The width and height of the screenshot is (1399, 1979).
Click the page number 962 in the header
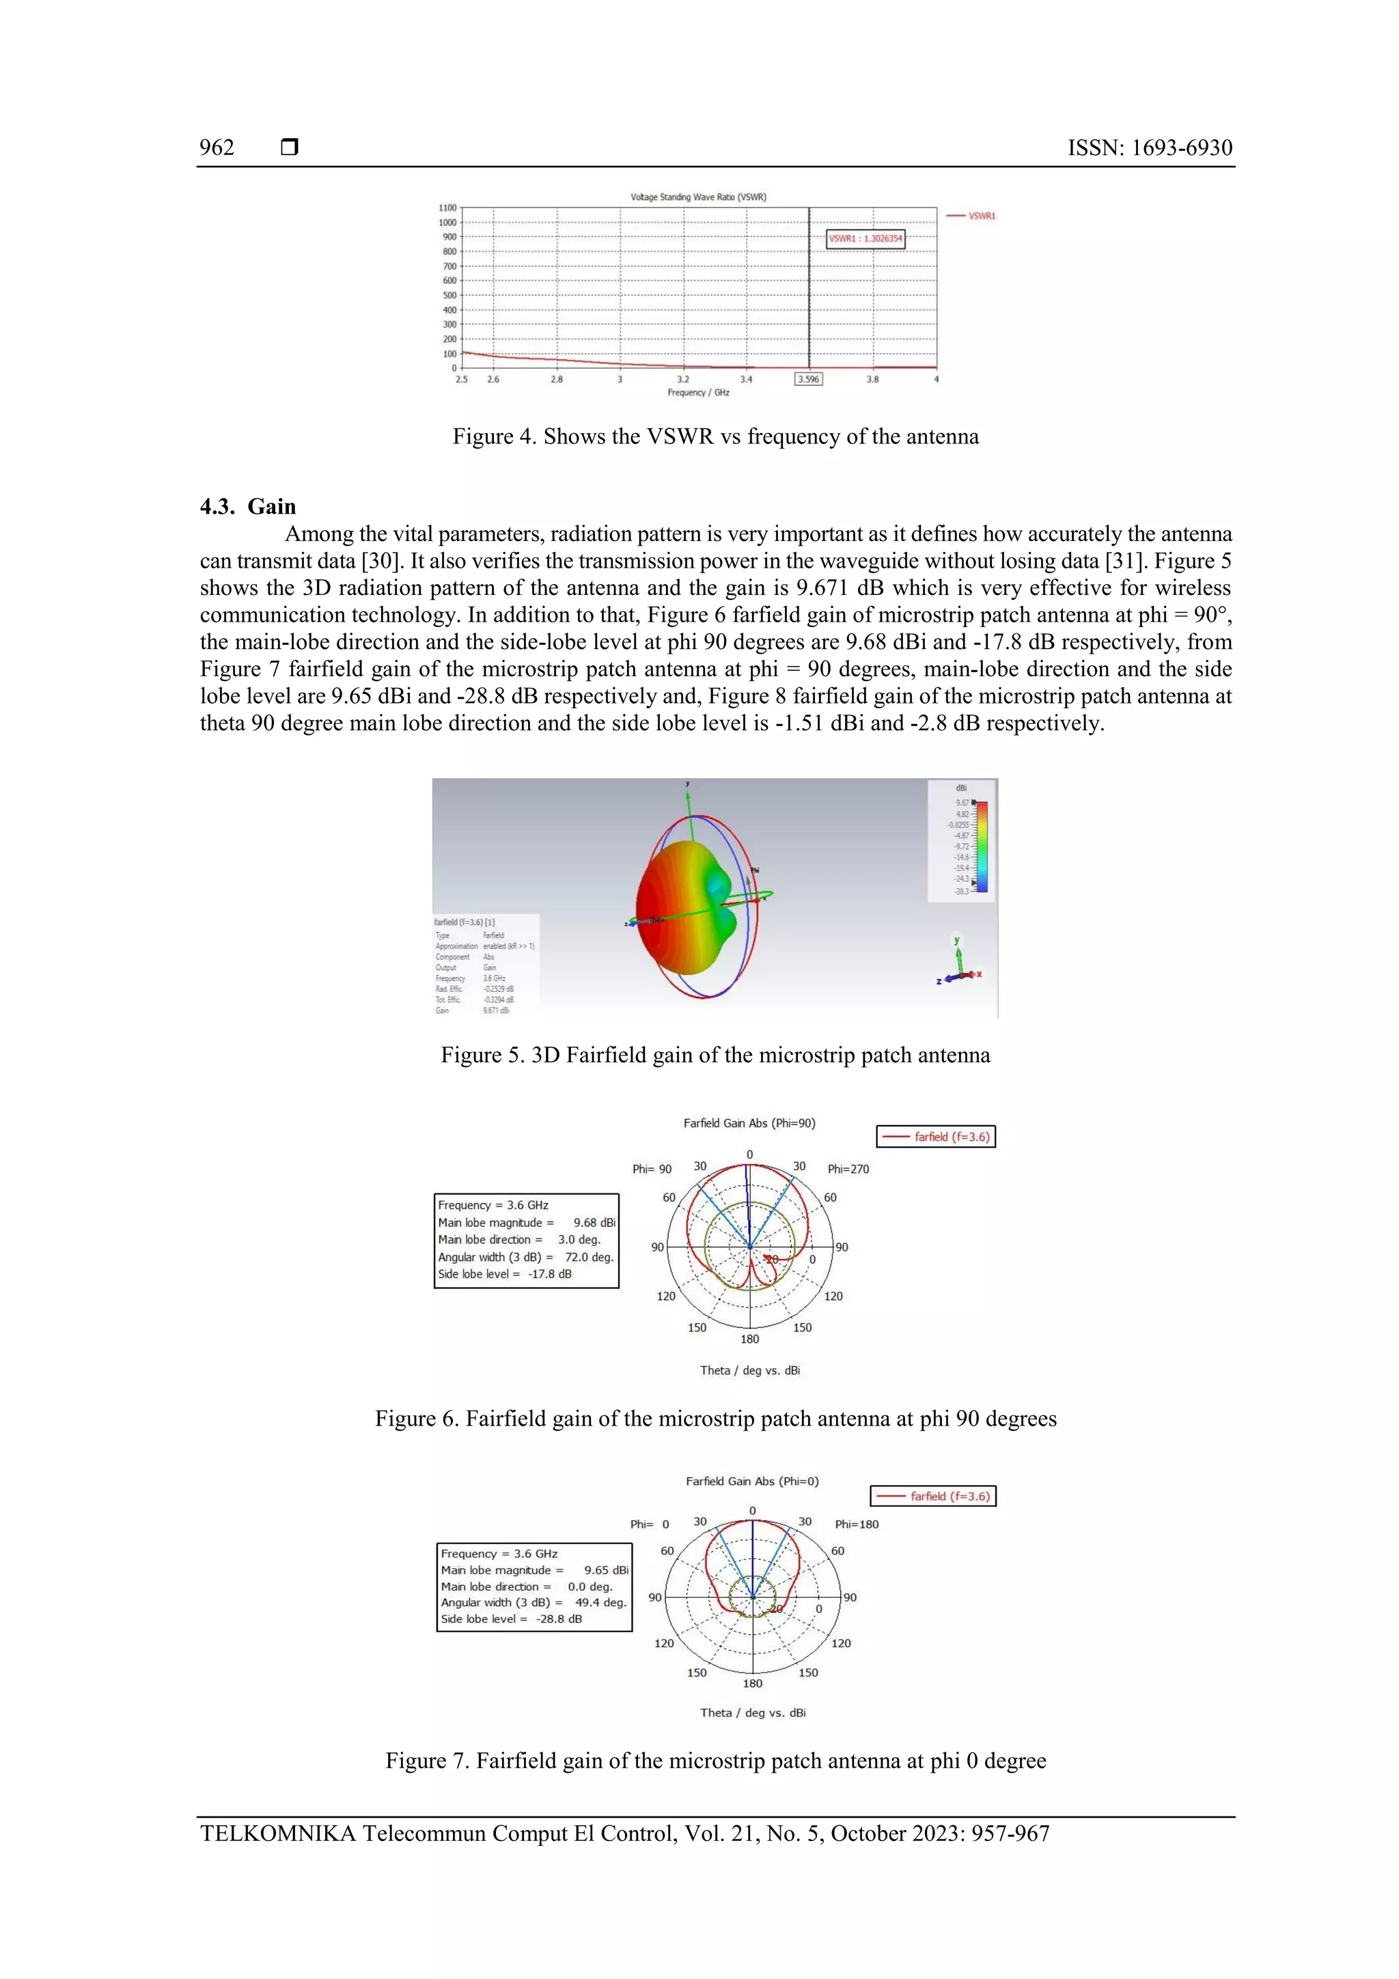pos(217,148)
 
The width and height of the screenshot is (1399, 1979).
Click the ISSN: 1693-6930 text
pos(1149,148)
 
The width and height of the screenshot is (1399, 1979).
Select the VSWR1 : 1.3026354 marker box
pos(865,239)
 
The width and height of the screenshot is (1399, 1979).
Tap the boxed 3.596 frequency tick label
pos(807,379)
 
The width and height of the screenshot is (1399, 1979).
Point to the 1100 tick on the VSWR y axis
pos(447,208)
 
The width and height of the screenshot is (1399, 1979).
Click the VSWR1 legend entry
pos(971,215)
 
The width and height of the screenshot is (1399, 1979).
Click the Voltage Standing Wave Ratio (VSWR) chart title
pos(698,197)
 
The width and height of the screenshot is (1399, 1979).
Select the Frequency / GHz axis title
pos(698,393)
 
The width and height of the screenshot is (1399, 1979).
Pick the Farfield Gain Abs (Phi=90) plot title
pos(749,1123)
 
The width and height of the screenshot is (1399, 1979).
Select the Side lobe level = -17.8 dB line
pos(504,1274)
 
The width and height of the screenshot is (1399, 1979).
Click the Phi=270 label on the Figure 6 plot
pos(848,1170)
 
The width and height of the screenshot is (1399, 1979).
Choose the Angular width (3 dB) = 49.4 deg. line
pos(534,1603)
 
